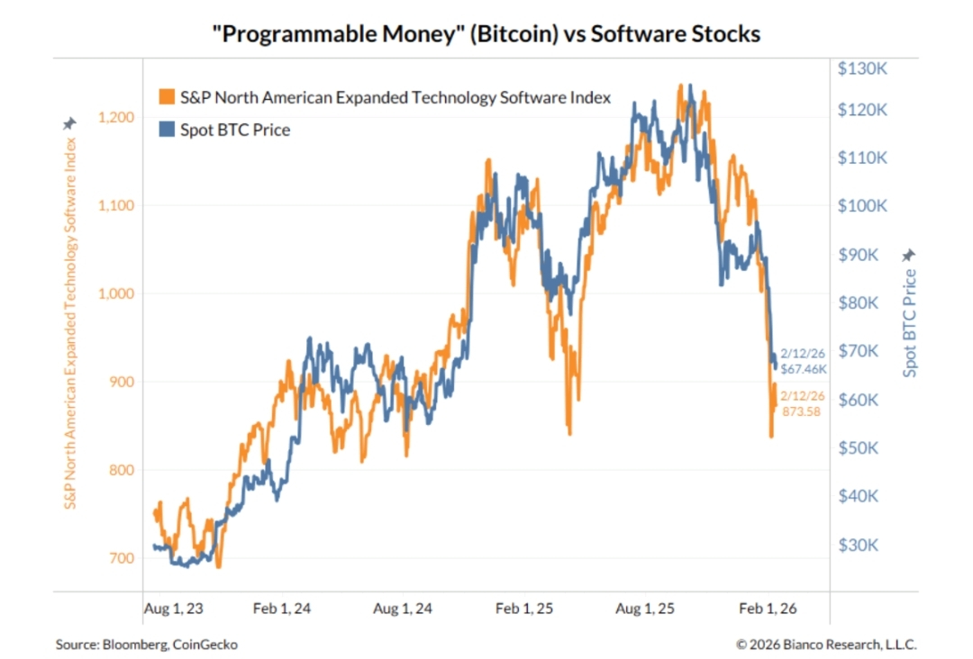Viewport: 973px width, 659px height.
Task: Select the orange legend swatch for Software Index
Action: click(x=166, y=97)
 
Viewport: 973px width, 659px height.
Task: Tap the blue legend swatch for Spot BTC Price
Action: click(x=166, y=130)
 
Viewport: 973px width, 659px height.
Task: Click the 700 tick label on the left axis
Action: click(x=122, y=558)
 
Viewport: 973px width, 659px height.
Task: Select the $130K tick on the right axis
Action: click(x=862, y=68)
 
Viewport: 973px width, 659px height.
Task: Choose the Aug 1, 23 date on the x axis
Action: click(x=174, y=609)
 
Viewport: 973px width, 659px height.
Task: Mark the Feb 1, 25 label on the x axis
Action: click(x=525, y=609)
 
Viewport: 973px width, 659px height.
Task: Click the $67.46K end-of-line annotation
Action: click(x=803, y=368)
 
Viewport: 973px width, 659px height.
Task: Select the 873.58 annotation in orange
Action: click(x=802, y=411)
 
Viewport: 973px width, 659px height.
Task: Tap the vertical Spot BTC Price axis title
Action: click(x=910, y=323)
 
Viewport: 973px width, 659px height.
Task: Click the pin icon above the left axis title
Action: click(x=70, y=124)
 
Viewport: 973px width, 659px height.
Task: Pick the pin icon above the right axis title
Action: click(x=909, y=256)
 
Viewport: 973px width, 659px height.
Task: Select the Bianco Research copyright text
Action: click(x=826, y=645)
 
